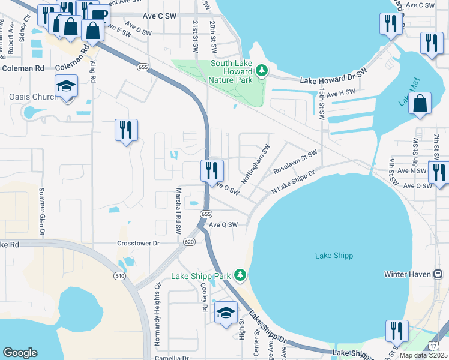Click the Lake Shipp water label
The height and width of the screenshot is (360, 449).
[334, 256]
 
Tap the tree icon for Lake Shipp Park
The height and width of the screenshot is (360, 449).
[240, 275]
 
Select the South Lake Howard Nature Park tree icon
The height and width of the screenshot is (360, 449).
[261, 71]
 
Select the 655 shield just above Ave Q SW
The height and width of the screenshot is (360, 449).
[206, 214]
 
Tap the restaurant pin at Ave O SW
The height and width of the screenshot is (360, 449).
[212, 170]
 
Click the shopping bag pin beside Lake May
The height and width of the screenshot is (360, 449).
[421, 103]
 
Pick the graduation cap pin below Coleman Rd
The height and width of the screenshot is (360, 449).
[67, 86]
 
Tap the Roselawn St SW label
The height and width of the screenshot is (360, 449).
[294, 163]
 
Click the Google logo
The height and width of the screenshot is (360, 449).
[20, 353]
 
